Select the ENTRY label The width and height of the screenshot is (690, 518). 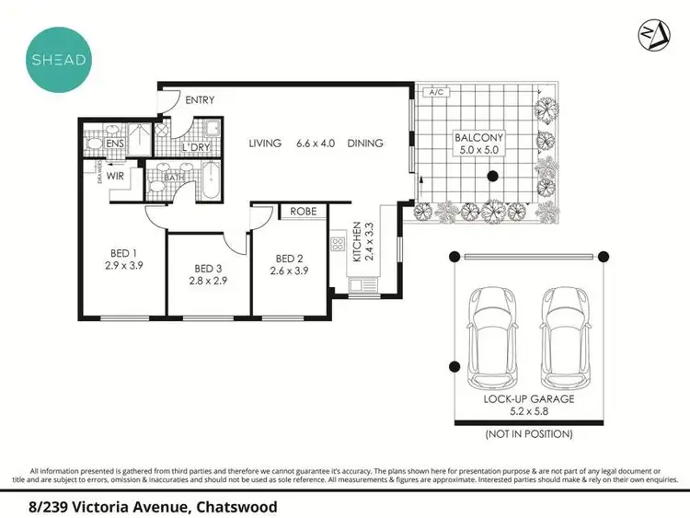point(201,100)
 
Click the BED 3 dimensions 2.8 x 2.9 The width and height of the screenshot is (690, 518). point(208,281)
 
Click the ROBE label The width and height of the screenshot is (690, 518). point(304,212)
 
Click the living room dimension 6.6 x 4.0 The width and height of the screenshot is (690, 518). point(316,144)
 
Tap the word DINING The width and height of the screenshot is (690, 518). point(366,144)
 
